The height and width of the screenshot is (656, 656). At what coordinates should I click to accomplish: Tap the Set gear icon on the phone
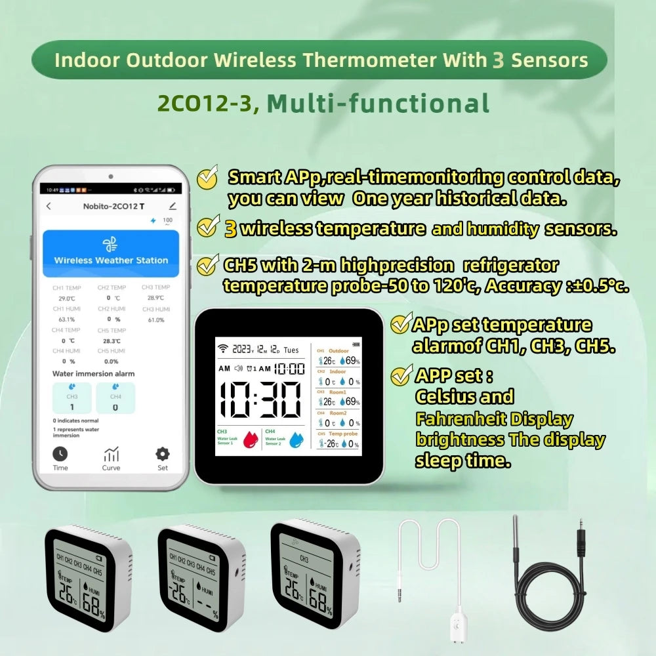point(162,454)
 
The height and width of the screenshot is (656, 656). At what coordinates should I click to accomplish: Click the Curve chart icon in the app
point(111,454)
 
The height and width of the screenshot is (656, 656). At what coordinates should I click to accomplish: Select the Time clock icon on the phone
point(60,454)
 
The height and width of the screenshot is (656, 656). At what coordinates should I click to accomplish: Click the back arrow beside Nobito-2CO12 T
point(49,206)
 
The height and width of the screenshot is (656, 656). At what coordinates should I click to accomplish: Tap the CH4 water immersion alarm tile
point(115,398)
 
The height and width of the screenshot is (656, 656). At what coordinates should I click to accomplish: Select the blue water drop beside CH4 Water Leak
point(297,438)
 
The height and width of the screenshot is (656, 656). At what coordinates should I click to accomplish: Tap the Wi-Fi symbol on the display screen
point(222,348)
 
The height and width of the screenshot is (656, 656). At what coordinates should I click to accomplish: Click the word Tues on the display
point(291,350)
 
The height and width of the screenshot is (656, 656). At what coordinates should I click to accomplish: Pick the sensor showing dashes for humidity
point(201,577)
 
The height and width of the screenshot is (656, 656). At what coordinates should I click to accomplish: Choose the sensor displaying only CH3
point(314,574)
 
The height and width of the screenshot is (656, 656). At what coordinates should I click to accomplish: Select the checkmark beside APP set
point(401,376)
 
